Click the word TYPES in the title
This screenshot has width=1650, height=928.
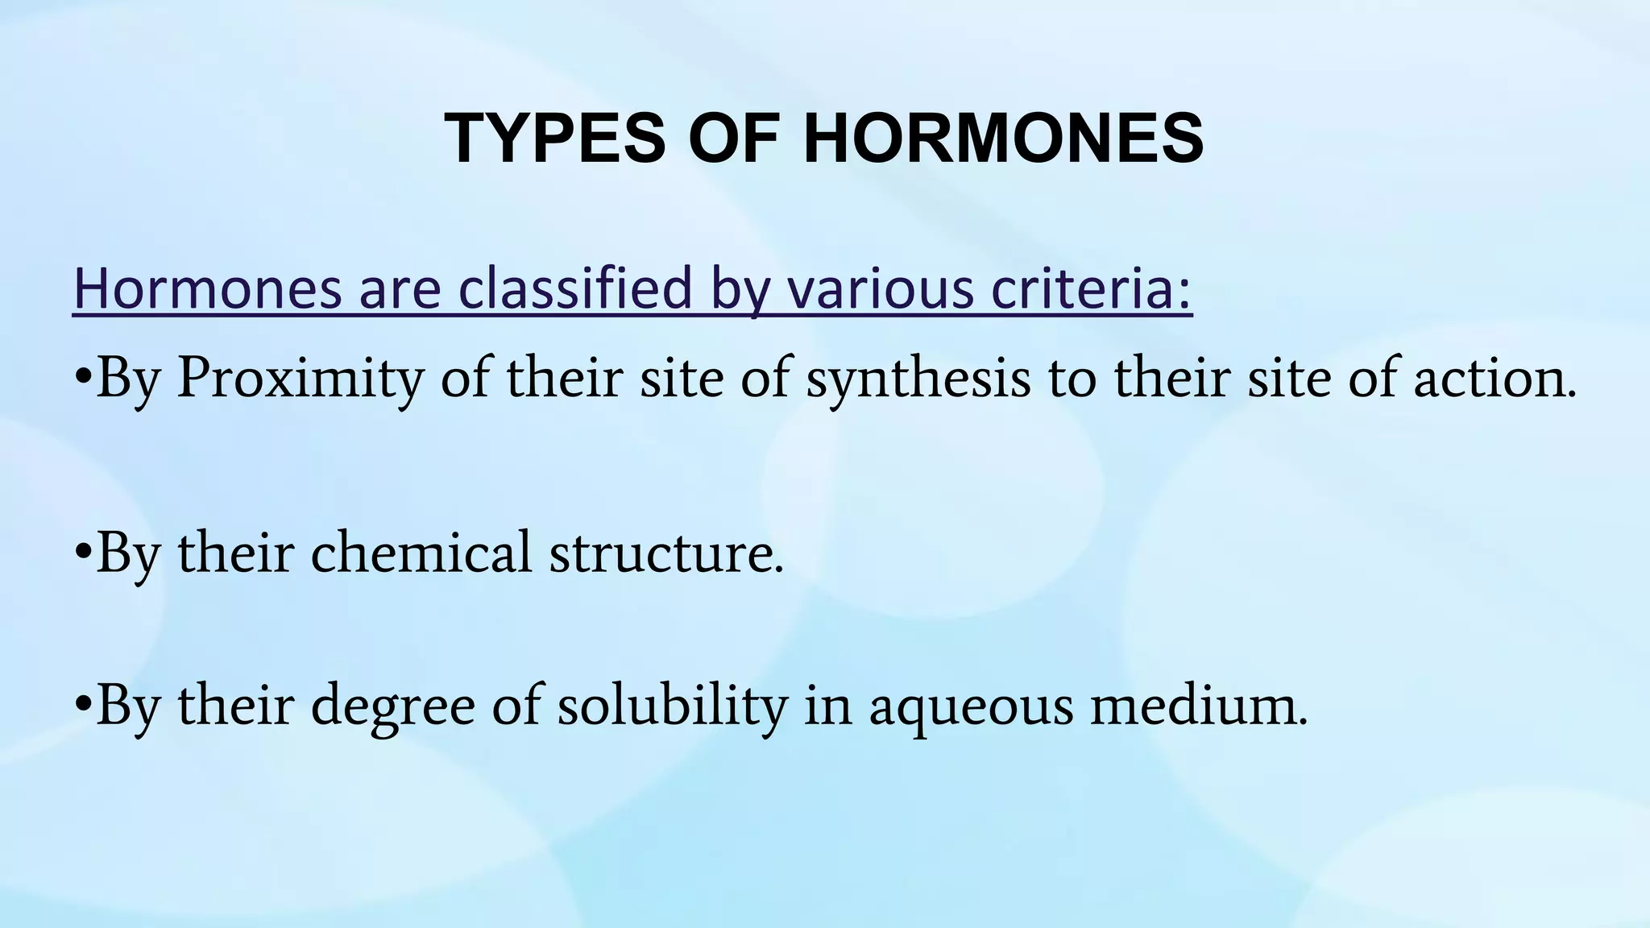pos(555,139)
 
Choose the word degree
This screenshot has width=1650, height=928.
pos(393,705)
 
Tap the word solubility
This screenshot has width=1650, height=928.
pos(671,705)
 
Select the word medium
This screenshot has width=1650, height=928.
pos(1192,705)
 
